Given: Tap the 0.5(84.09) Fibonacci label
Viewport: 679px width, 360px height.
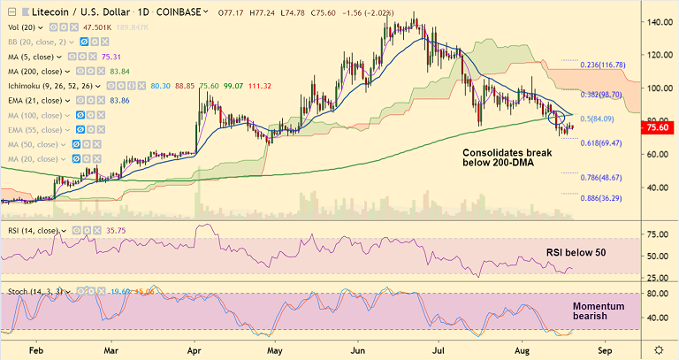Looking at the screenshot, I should coord(592,119).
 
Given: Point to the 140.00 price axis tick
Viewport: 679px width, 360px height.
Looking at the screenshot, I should coord(654,22).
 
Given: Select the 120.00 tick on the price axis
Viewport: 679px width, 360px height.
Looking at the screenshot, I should coord(654,55).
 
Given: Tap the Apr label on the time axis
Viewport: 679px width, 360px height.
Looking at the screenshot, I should coord(194,349).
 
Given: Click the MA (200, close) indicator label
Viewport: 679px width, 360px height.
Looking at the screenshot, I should coord(36,71).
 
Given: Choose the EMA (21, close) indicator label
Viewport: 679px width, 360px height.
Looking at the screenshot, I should coord(38,101).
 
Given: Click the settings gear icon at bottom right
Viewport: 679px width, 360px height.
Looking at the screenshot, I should coord(657,349).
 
